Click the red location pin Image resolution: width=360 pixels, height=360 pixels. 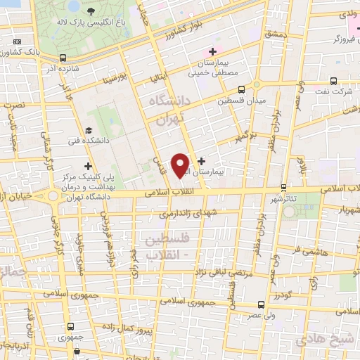(x=181, y=164)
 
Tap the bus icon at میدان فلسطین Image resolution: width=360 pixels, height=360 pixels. (x=242, y=89)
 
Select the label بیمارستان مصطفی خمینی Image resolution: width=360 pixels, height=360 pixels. (x=218, y=68)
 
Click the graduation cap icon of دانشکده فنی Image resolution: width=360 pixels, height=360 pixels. (x=89, y=131)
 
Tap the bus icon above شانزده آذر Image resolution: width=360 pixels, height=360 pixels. (x=64, y=58)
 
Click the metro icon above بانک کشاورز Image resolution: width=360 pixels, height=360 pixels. (x=16, y=41)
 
